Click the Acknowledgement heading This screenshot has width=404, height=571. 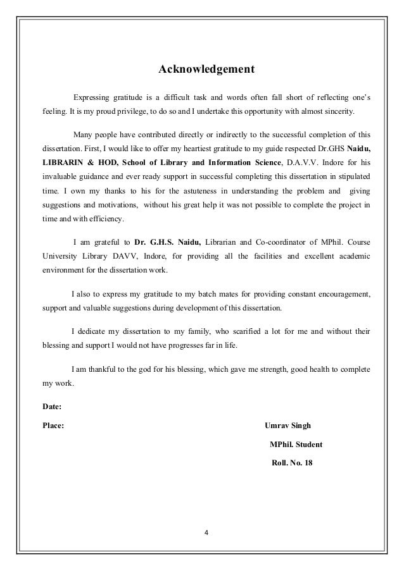click(206, 68)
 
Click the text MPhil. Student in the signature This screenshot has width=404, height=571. click(296, 445)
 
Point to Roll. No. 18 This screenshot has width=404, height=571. click(291, 463)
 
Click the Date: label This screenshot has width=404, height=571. click(51, 407)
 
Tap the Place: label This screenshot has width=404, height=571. click(53, 425)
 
